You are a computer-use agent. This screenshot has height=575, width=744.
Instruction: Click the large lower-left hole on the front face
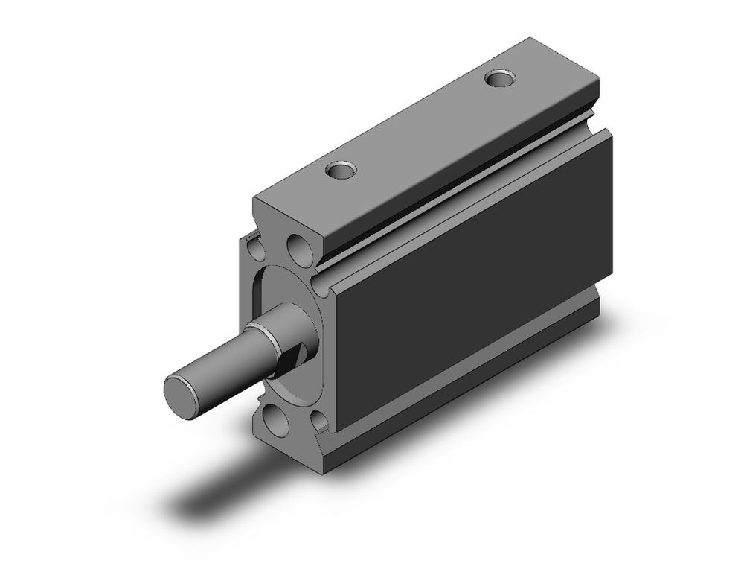tap(276, 422)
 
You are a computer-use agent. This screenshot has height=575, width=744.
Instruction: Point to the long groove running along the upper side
tap(461, 186)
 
